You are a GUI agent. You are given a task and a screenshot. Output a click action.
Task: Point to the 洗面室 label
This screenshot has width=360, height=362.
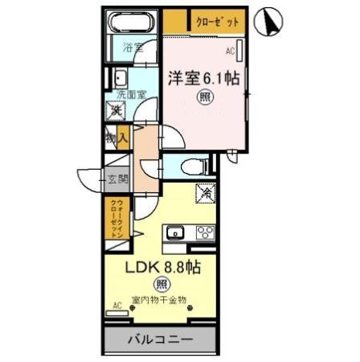pyautogui.click(x=132, y=94)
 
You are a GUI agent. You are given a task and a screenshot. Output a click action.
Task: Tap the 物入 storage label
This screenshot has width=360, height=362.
pyautogui.click(x=117, y=139)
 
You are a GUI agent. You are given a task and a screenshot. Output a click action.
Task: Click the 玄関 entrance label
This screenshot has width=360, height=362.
pyautogui.click(x=118, y=179)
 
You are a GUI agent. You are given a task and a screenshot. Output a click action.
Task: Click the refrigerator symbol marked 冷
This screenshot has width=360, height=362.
pyautogui.click(x=204, y=192)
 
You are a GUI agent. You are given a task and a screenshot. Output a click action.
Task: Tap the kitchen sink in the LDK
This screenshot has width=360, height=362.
pyautogui.click(x=176, y=233)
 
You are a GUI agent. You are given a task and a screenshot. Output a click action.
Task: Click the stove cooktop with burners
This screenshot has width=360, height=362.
pyautogui.click(x=204, y=233)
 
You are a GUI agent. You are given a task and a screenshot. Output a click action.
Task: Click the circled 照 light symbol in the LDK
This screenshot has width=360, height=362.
pyautogui.click(x=162, y=284)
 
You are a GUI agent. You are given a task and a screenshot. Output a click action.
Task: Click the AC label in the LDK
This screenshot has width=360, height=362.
pyautogui.click(x=117, y=306)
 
